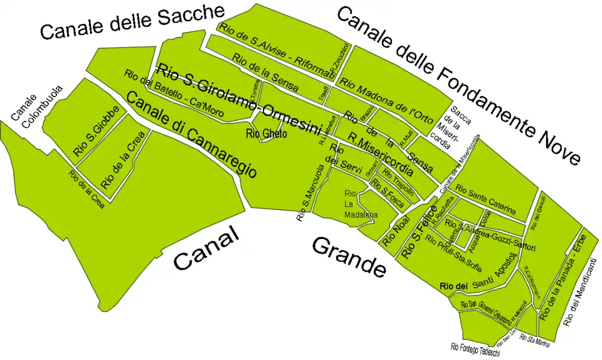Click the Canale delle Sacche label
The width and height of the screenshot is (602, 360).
(132, 22)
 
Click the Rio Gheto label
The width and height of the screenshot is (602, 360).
(267, 134)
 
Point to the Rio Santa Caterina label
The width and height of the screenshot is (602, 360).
(485, 199)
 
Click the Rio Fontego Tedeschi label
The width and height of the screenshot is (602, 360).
(475, 349)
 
